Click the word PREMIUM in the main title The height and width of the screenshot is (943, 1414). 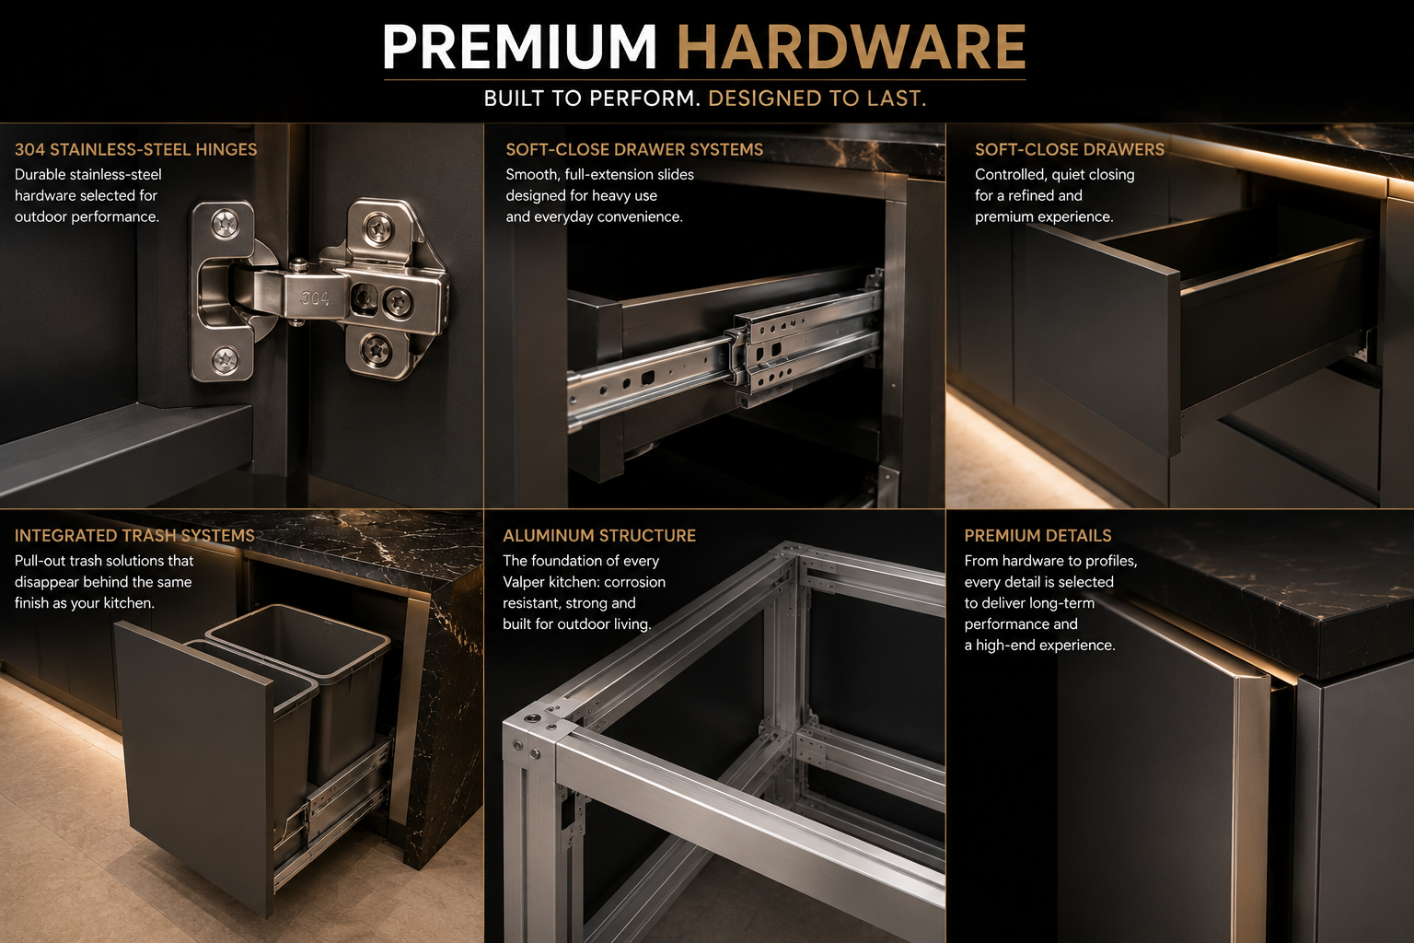519,47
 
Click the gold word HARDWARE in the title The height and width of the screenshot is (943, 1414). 852,47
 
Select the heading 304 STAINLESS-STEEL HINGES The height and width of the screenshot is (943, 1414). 135,150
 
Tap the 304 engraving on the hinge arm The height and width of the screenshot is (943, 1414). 316,298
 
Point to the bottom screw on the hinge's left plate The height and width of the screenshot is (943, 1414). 225,360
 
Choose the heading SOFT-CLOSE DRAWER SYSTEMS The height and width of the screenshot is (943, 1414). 634,150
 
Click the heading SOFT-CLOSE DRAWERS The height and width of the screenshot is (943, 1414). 1070,150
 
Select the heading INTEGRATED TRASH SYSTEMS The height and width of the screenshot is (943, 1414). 134,536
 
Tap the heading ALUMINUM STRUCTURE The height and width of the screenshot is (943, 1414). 599,536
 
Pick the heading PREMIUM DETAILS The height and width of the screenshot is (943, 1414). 1037,536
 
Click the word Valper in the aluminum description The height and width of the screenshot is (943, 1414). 523,582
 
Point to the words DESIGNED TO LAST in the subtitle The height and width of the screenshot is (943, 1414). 817,99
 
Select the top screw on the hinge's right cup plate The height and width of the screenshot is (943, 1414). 378,227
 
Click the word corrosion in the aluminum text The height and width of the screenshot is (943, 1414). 635,582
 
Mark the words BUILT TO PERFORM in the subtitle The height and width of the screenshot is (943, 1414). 592,99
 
